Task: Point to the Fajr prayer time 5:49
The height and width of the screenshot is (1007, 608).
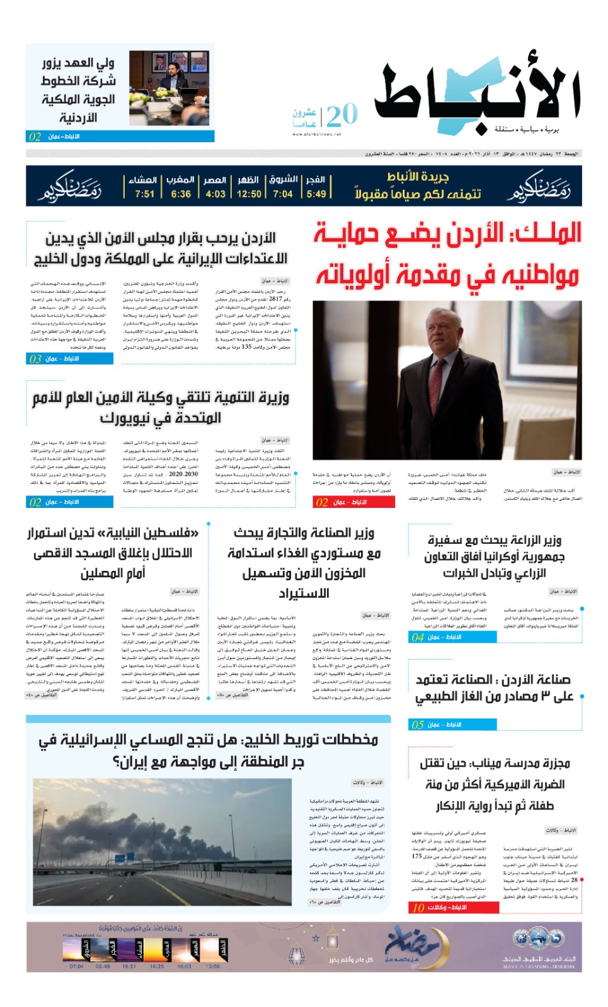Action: (x=316, y=194)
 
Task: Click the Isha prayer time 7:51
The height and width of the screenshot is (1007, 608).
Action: (x=144, y=194)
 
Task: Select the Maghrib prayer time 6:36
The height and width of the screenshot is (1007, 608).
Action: (x=181, y=194)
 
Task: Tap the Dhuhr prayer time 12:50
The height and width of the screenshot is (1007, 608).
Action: (x=249, y=194)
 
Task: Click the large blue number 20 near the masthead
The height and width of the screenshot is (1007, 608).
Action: (x=342, y=115)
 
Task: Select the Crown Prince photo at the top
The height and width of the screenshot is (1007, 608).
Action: (x=169, y=88)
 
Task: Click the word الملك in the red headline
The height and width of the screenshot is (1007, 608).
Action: (x=547, y=233)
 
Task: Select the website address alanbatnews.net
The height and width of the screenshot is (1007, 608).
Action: (x=316, y=134)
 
